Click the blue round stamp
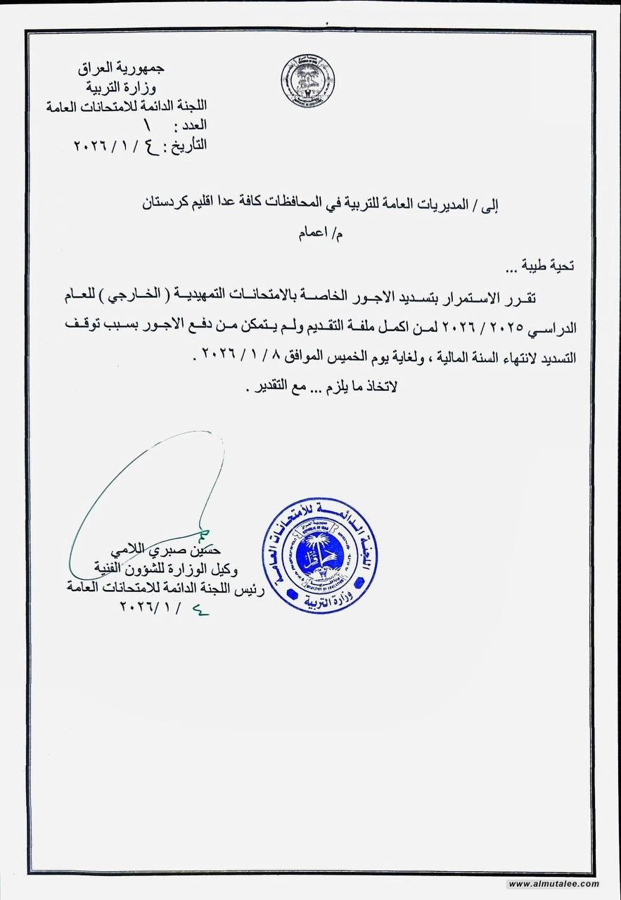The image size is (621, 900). click(320, 555)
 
